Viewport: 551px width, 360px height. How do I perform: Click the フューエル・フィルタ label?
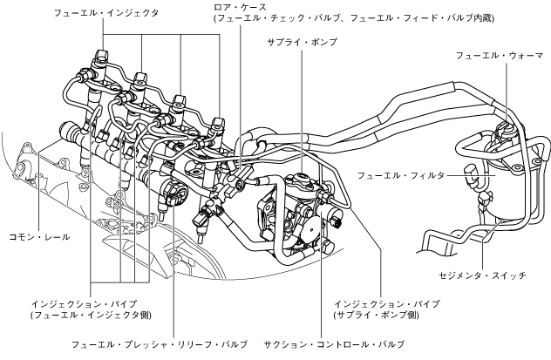(400, 175)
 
